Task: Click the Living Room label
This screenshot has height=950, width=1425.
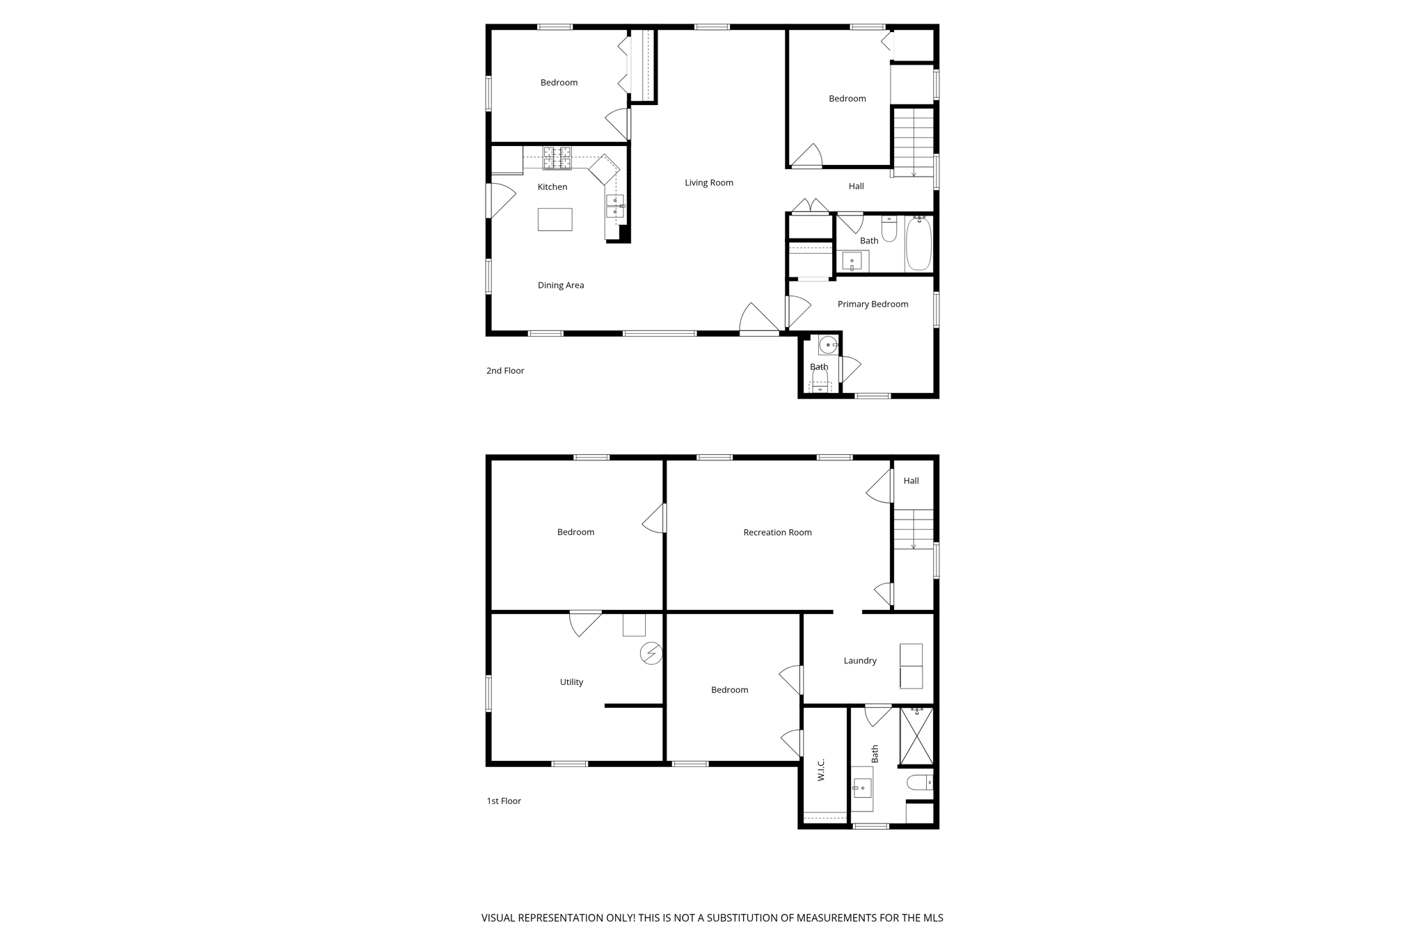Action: tap(708, 183)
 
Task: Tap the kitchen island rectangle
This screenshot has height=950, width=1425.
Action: tap(555, 219)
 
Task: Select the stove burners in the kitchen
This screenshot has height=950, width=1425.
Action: tap(557, 158)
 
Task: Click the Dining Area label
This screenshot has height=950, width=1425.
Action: tap(560, 285)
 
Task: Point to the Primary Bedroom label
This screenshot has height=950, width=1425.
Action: tap(872, 304)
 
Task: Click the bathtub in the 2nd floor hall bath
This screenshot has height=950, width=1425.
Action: tap(918, 243)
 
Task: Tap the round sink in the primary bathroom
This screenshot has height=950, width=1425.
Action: tap(827, 344)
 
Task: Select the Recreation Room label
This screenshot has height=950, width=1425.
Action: tap(777, 533)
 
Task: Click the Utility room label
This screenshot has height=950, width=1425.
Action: tap(571, 682)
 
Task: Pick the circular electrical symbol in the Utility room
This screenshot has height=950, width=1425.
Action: tap(651, 654)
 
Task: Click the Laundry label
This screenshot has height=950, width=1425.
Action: tap(859, 661)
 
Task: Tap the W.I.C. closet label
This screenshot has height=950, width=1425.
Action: tap(821, 770)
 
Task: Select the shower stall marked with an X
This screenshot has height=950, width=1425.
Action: tap(916, 736)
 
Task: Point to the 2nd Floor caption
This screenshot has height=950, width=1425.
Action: tap(505, 371)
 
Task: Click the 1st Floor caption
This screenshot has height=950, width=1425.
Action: tap(504, 801)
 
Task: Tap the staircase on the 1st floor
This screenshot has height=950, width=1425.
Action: tap(913, 529)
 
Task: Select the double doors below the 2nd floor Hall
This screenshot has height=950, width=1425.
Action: tap(810, 207)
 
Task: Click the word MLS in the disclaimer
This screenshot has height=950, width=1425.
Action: tap(932, 918)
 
